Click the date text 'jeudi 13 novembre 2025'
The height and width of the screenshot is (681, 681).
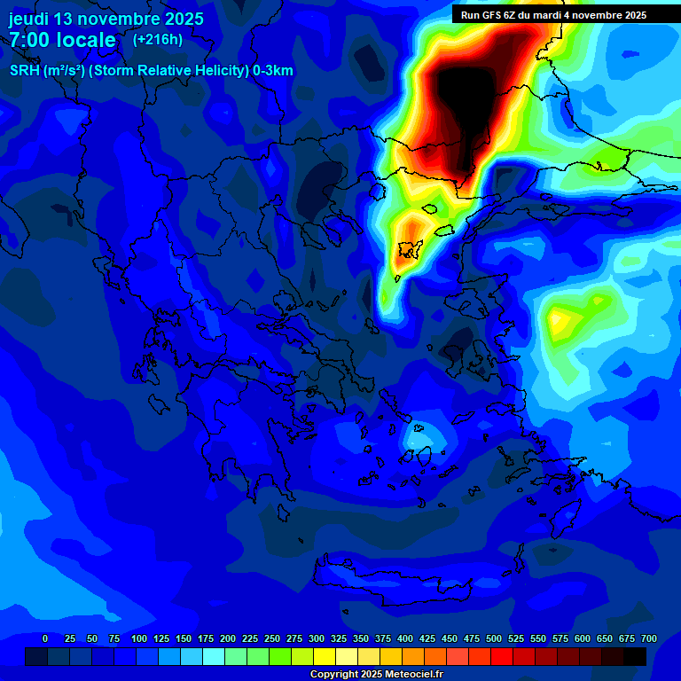click(106, 19)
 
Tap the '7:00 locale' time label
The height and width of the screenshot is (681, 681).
click(62, 40)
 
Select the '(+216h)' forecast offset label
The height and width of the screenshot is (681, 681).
click(158, 40)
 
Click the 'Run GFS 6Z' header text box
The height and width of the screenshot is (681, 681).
click(553, 15)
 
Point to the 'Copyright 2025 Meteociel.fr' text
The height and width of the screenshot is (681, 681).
click(376, 675)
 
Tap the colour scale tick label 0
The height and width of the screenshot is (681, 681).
click(45, 638)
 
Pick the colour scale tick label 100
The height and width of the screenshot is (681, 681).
click(139, 638)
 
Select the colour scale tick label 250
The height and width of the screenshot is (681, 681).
click(272, 638)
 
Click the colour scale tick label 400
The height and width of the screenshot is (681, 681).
click(405, 638)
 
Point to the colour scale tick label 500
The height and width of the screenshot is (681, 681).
click(494, 638)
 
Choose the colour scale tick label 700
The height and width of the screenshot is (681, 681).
click(649, 638)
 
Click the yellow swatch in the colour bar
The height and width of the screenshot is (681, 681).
click(325, 657)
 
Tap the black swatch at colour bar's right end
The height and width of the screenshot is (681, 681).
click(635, 657)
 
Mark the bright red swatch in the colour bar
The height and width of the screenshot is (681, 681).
click(502, 657)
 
